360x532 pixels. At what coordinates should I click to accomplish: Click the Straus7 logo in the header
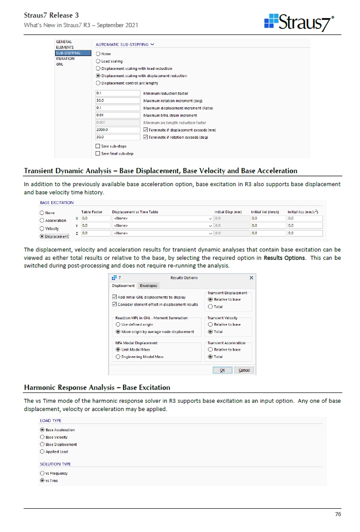[x=299, y=22]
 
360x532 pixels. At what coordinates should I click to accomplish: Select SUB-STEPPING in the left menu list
[x=68, y=53]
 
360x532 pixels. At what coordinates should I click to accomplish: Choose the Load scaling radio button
[x=98, y=61]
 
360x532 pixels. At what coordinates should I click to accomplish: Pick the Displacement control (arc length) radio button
[x=98, y=83]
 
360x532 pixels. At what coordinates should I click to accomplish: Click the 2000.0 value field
[x=118, y=130]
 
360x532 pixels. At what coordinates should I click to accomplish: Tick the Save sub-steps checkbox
[x=98, y=146]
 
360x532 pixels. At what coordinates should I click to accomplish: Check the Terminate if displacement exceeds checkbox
[x=145, y=130]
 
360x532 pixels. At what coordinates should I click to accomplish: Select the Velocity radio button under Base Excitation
[x=42, y=228]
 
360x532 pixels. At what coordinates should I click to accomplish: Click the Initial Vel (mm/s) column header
[x=265, y=212]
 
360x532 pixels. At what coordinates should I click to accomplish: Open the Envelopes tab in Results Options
[x=148, y=286]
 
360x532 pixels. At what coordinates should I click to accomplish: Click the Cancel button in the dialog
[x=244, y=370]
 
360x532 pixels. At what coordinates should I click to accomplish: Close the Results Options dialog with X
[x=251, y=278]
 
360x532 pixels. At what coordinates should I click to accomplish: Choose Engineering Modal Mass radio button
[x=118, y=357]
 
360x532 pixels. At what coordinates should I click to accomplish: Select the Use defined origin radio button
[x=118, y=324]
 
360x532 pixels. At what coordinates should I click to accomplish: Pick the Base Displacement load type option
[x=42, y=444]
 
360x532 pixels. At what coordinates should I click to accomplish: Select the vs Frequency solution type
[x=42, y=474]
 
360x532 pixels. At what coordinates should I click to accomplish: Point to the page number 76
[x=338, y=514]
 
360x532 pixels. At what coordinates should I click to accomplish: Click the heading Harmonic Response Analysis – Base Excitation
[x=97, y=388]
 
